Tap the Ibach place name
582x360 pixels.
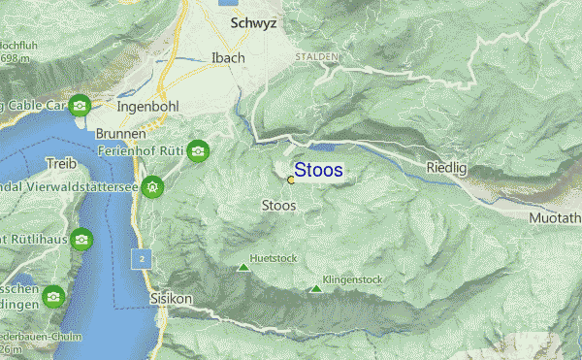coord(228,58)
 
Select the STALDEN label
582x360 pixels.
coord(317,58)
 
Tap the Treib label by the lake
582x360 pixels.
coord(60,162)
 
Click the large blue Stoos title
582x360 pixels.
coord(318,170)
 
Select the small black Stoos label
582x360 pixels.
coord(279,206)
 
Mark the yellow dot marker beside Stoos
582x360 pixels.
coord(291,180)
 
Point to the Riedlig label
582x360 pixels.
coord(446,169)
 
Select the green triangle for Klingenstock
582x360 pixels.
coord(315,288)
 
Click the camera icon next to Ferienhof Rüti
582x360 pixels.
coord(198,150)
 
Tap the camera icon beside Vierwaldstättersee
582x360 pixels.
coord(152,185)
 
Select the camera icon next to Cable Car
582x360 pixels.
coord(81,105)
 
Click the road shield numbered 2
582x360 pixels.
coord(142,259)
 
